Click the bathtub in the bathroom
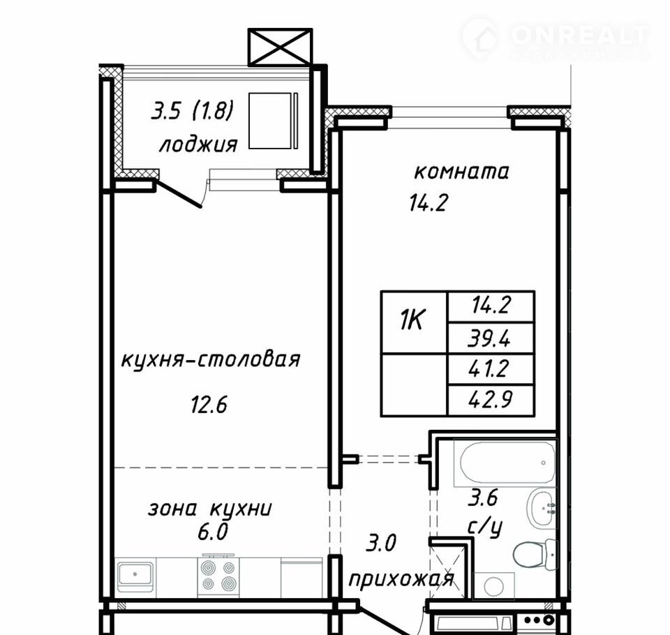click(504, 463)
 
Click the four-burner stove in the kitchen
click(218, 575)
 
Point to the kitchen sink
click(135, 576)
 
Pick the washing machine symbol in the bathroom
click(494, 585)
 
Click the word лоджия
click(198, 144)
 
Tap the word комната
click(461, 172)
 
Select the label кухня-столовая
click(211, 360)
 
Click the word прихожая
click(401, 580)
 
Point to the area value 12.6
click(209, 404)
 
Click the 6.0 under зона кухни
click(212, 532)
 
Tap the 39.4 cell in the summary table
click(491, 338)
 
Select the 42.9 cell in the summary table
click(491, 400)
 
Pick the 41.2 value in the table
click(491, 369)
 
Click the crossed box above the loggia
click(281, 47)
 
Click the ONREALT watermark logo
click(555, 38)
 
